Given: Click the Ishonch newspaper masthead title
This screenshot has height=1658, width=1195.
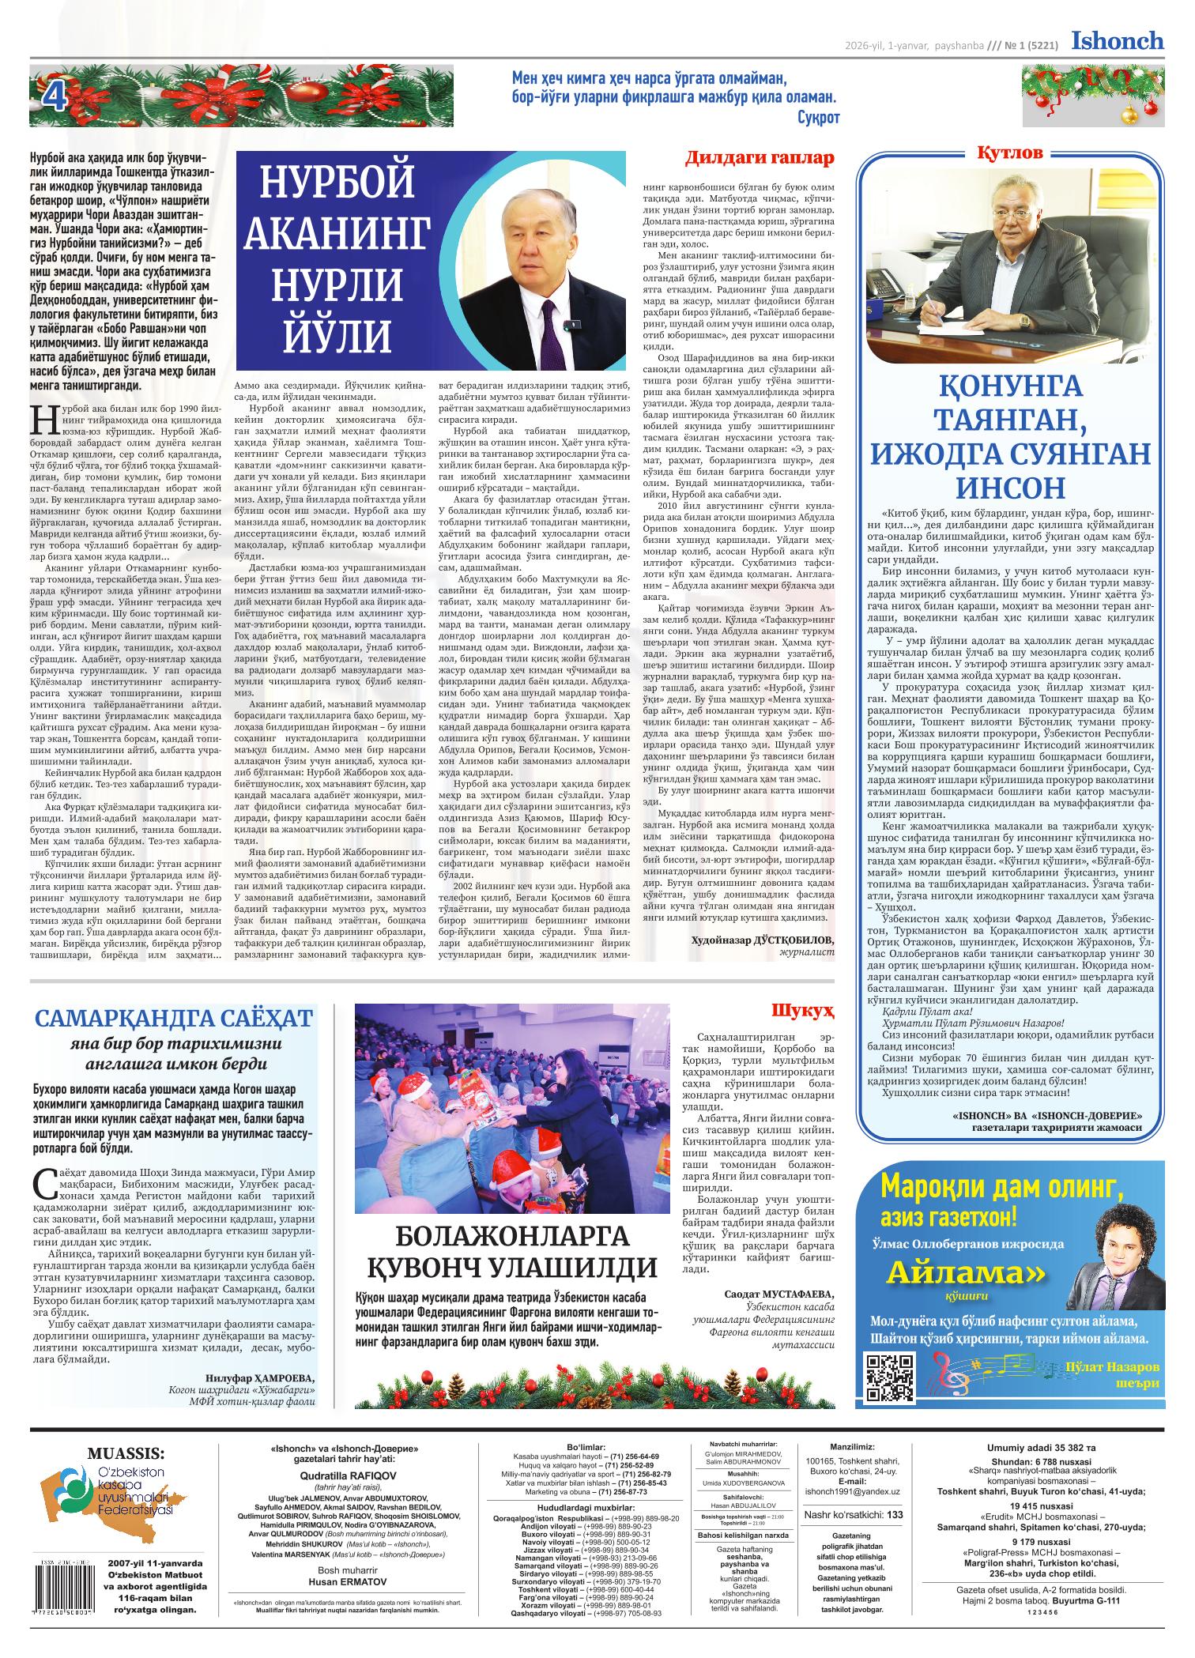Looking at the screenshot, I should tap(1118, 40).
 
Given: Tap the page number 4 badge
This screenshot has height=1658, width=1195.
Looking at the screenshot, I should tap(54, 99).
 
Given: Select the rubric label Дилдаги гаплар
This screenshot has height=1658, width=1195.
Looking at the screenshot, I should tap(759, 158).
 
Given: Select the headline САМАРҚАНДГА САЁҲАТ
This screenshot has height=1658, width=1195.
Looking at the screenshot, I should tap(173, 1017).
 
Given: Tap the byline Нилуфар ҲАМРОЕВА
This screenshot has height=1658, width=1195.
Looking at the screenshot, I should tap(258, 1376).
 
